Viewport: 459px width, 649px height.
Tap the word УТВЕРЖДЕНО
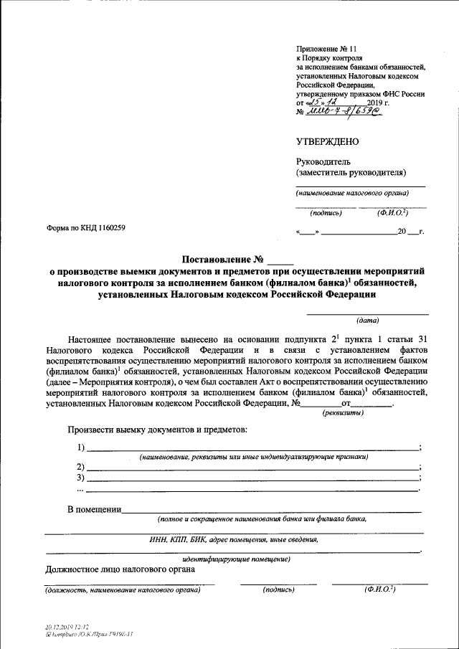point(328,142)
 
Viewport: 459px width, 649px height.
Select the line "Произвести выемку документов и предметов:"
point(158,430)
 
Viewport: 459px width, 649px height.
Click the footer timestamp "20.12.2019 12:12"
point(70,627)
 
